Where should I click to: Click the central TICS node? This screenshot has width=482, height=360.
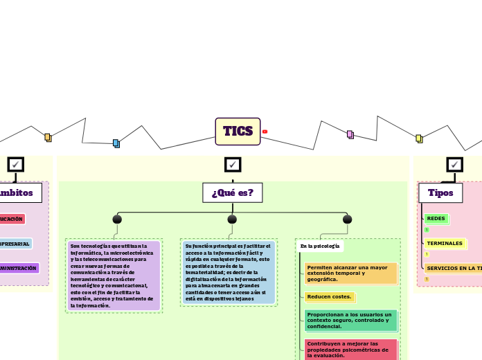point(238,131)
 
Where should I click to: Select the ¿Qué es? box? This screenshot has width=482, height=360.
point(232,192)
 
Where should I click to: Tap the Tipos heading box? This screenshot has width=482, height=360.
point(440,192)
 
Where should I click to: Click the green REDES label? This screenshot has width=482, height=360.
point(436,219)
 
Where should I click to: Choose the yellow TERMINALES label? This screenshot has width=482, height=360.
point(445,244)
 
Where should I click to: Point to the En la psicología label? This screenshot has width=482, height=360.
point(319,246)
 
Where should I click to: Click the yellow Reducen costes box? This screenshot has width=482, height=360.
point(330,297)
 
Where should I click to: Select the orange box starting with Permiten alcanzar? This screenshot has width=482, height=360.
point(351,273)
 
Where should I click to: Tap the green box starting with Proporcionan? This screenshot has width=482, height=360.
point(351,321)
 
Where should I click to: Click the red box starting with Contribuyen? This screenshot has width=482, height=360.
point(351,349)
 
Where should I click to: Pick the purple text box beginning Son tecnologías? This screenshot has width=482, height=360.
point(114,276)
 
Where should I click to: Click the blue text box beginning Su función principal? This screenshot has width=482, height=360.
point(229,272)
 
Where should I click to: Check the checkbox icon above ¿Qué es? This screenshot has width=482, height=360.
point(233,164)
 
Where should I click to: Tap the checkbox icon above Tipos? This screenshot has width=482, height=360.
point(454,164)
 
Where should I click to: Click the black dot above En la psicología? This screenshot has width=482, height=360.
point(347,219)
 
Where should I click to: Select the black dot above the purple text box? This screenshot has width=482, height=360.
point(117,219)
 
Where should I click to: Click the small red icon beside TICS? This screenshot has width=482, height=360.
point(265,132)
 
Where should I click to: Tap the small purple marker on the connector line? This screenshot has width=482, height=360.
point(350,134)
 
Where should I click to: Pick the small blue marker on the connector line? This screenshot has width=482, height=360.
point(116,143)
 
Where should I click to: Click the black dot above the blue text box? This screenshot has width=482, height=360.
point(232,219)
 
